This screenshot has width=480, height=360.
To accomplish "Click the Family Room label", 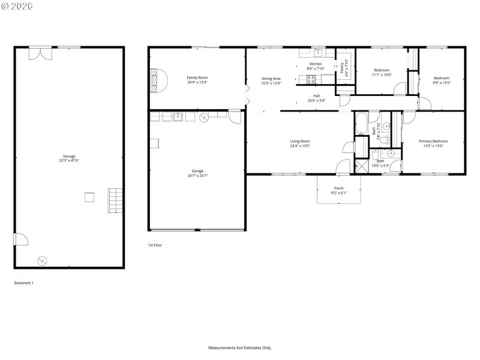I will pos(197,77).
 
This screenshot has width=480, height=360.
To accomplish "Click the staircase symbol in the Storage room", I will pos(115,201).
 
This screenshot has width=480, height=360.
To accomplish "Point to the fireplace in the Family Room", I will pos(157,79).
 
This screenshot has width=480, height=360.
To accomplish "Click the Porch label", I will pos(339,188).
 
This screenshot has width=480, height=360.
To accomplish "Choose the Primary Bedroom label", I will pos(433,141).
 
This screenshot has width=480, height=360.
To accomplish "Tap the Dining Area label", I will pos(271,79).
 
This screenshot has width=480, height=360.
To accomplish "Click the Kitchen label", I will pos(316,64).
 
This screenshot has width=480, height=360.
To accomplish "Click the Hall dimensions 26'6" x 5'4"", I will pos(316,101).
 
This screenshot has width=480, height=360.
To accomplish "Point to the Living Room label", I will pos(300,141).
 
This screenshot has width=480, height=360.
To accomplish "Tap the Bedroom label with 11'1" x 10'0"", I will pos(381,70).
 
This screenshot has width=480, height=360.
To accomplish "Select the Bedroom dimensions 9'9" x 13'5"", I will pos(441,83).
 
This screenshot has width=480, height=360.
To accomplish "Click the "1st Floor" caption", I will pos(155,245).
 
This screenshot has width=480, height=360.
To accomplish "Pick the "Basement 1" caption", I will pos(23,283).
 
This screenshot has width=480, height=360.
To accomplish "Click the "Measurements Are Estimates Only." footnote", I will pos(240,347).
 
